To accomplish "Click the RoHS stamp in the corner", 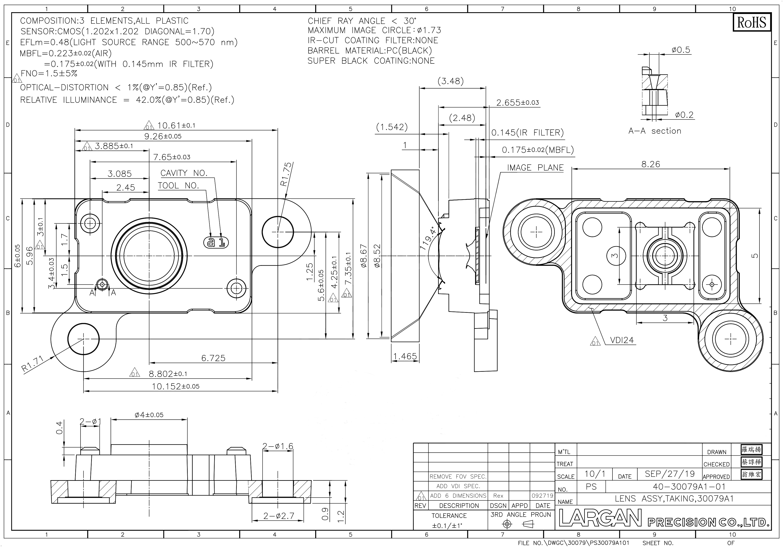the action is tap(752, 23).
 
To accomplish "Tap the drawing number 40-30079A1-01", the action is tap(689, 486).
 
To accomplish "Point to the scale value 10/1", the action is tap(595, 474).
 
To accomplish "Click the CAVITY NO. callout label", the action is tap(184, 173).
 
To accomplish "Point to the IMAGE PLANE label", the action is tap(535, 168).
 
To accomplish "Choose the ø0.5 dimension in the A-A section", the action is tap(681, 50).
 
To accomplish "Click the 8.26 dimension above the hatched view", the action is tap(651, 164).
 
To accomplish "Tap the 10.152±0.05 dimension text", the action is tap(176, 386).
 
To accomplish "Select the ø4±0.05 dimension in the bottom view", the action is tap(149, 415).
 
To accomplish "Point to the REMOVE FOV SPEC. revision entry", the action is tap(458, 477).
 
